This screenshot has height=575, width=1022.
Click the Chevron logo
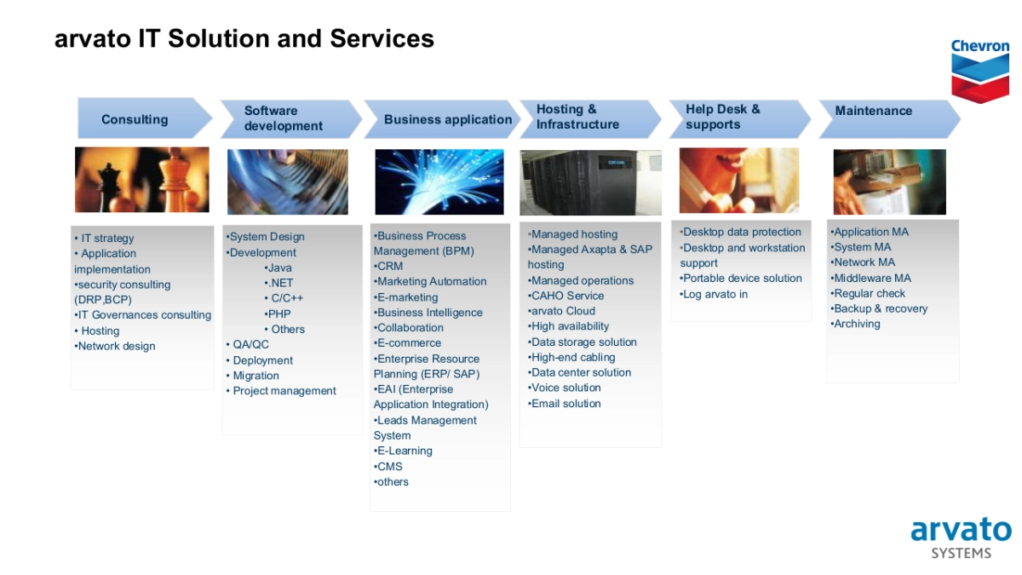(980, 71)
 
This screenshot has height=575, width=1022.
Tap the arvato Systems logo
(961, 538)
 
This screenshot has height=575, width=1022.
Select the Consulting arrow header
(145, 118)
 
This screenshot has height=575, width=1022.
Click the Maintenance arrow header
(889, 119)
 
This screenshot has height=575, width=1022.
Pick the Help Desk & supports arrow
(739, 119)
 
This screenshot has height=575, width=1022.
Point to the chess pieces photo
(142, 180)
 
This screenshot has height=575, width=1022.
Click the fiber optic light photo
(439, 181)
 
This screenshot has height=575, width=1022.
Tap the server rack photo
(590, 182)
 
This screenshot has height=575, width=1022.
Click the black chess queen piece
(110, 187)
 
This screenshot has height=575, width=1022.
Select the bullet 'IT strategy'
(105, 239)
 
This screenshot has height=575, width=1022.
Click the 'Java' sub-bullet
(278, 267)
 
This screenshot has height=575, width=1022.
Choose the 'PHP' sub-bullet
(278, 314)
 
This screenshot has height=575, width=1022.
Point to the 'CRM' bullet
(388, 266)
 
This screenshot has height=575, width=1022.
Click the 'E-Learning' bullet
(403, 451)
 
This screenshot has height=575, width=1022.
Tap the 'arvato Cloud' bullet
(561, 311)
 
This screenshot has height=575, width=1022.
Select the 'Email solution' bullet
(565, 404)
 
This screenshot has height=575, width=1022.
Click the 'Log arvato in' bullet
(714, 295)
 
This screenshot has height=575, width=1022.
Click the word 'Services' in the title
(382, 38)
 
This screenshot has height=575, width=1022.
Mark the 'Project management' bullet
(281, 391)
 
